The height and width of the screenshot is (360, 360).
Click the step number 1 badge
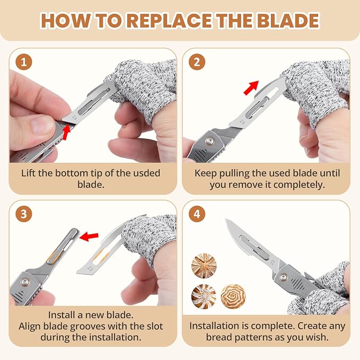[x=24, y=62]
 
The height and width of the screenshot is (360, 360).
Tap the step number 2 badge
[x=197, y=62]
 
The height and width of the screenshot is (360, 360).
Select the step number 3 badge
[x=24, y=214]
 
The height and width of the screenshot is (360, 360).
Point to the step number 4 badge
[x=197, y=214]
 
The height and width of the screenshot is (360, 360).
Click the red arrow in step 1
[x=67, y=132]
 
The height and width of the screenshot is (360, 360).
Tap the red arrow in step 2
[x=251, y=87]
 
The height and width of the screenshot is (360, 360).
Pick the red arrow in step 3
[x=89, y=236]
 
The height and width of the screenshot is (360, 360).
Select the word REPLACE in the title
[x=170, y=21]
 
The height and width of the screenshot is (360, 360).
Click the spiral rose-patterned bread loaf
[x=233, y=296]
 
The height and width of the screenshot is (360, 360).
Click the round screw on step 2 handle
[x=209, y=141]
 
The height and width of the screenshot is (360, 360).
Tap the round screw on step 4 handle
[x=283, y=277]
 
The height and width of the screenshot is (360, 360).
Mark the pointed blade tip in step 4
[x=226, y=219]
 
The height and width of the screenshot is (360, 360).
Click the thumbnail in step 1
[x=40, y=125]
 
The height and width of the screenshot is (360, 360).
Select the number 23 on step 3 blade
[x=90, y=268]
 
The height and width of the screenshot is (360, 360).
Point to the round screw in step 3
[x=25, y=282]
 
